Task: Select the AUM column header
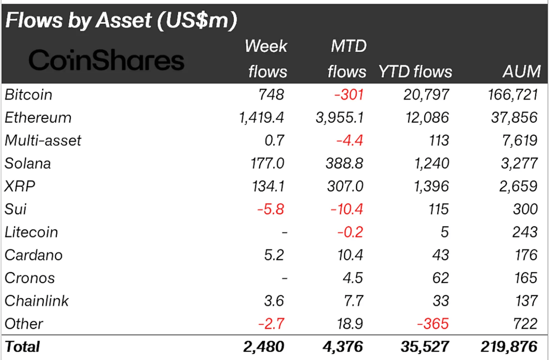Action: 521,72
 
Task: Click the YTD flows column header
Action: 415,72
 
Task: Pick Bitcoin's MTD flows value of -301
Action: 348,95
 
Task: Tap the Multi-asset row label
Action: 43,141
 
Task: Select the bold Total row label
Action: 23,347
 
